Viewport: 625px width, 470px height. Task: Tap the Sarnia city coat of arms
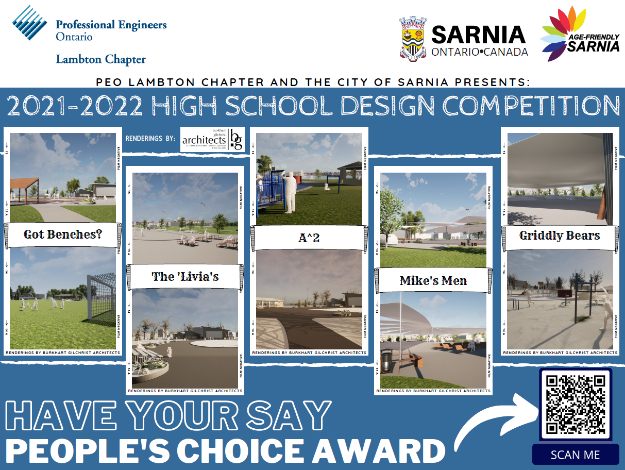[x=413, y=39]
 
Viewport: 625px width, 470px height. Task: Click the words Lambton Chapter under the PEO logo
[x=100, y=59]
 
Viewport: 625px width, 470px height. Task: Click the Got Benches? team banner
[x=63, y=235]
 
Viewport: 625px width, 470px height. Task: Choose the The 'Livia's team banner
[x=185, y=277]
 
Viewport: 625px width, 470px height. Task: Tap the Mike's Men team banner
[x=433, y=281]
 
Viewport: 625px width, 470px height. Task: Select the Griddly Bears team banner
[x=560, y=236]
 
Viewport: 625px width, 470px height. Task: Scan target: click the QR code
[x=576, y=404]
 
